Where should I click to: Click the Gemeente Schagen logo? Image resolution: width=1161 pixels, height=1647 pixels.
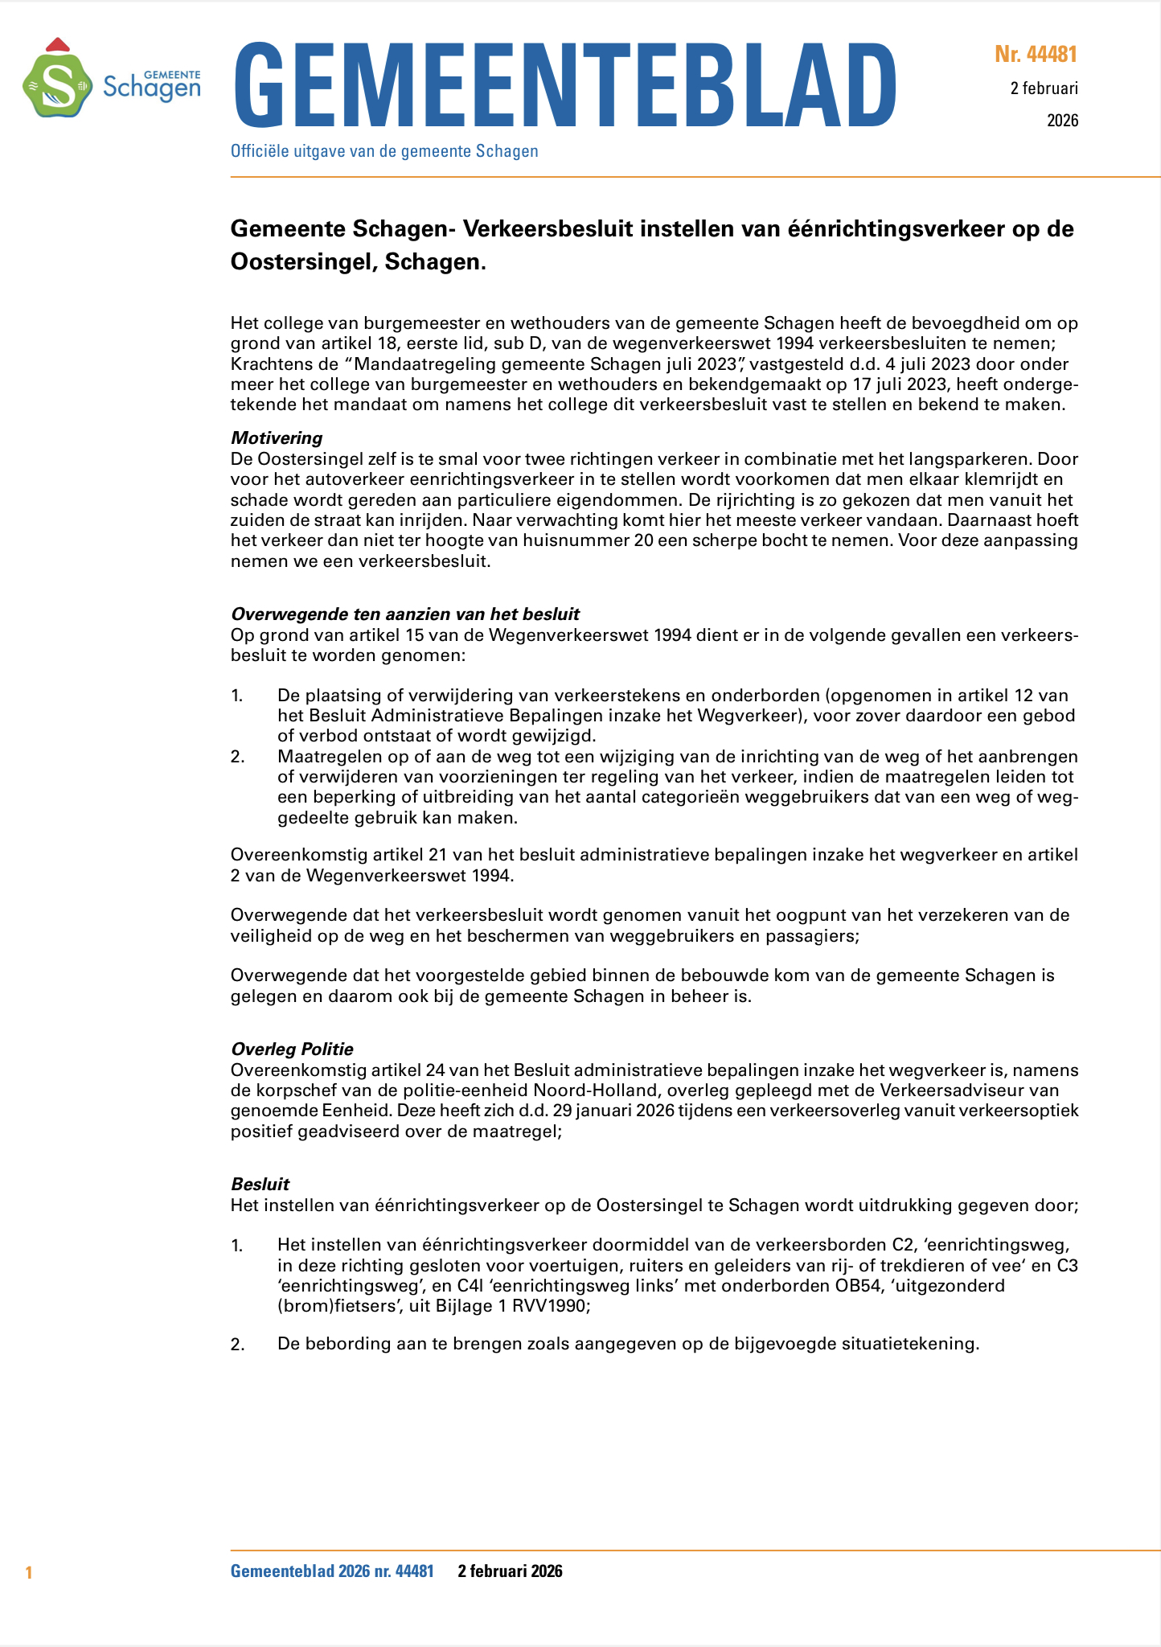coord(111,79)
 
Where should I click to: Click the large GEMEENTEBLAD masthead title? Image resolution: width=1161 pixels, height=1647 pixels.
coord(564,85)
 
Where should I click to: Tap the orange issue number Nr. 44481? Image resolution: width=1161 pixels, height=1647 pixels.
coord(1036,55)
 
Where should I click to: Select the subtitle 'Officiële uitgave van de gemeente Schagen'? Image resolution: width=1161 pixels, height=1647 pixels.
coord(384,151)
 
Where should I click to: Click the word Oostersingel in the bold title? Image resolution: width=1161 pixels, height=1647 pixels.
coord(302,262)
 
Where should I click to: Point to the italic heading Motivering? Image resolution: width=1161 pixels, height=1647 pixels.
coord(277,438)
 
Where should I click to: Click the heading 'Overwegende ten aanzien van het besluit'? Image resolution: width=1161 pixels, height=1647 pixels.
coord(405,614)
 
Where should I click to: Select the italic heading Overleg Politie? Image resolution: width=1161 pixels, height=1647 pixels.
coord(292,1049)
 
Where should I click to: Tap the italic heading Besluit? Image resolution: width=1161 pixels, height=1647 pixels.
coord(260,1184)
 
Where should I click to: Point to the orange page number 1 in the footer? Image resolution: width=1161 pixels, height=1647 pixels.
coord(29,1572)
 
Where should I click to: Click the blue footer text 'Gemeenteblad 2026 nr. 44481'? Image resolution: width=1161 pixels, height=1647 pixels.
coord(332,1571)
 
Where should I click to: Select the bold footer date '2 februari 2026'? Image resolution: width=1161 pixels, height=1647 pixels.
coord(510,1571)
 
